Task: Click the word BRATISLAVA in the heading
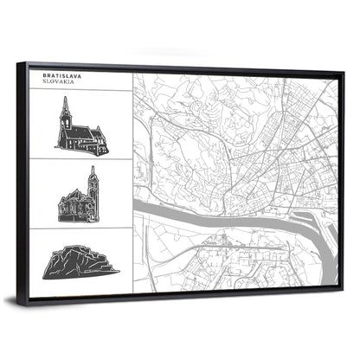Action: pos(61,76)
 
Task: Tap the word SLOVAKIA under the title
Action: pos(58,83)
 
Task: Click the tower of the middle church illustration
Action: pos(93,184)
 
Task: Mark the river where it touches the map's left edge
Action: pos(136,210)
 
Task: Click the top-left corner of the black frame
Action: pos(29,63)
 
